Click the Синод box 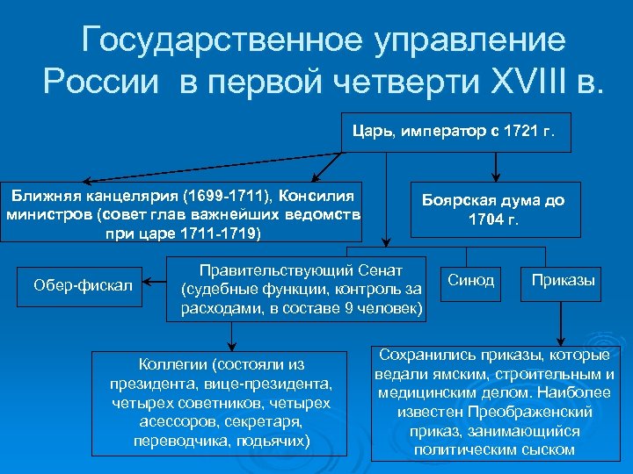pyautogui.click(x=471, y=281)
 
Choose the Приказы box pyautogui.click(x=563, y=281)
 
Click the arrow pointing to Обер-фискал pyautogui.click(x=155, y=284)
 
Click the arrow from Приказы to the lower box pyautogui.click(x=561, y=326)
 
